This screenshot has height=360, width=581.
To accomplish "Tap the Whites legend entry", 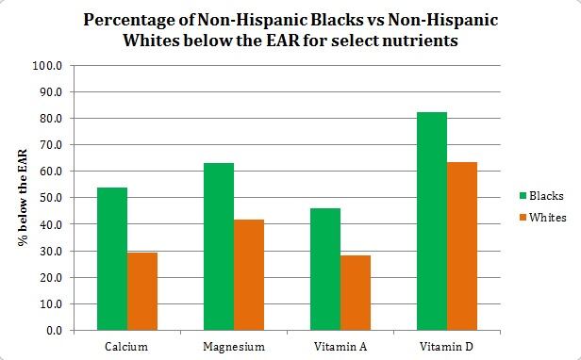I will [x=539, y=218].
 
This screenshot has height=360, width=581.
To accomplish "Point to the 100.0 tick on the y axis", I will [x=46, y=66].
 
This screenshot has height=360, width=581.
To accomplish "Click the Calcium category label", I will [x=126, y=347].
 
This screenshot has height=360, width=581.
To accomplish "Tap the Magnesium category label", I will [x=233, y=347].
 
